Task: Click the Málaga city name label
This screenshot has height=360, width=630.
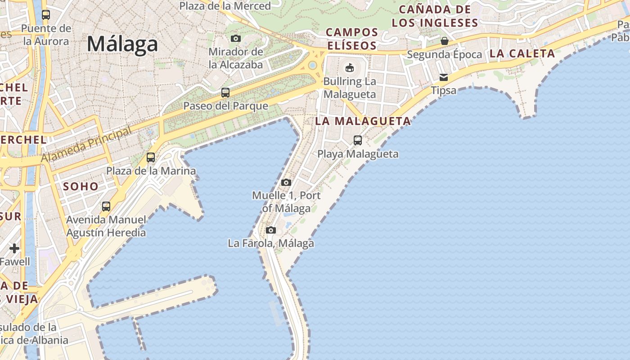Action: pyautogui.click(x=122, y=44)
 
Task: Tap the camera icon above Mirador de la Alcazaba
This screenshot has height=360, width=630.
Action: pyautogui.click(x=236, y=39)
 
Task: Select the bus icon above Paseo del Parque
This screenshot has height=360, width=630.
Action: pyautogui.click(x=225, y=93)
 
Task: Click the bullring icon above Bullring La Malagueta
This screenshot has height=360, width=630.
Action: pyautogui.click(x=349, y=68)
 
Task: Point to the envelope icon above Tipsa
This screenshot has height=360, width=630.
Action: pyautogui.click(x=444, y=77)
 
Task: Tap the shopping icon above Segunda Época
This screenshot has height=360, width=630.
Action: pyautogui.click(x=445, y=41)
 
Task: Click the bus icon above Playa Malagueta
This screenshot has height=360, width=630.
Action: pyautogui.click(x=358, y=140)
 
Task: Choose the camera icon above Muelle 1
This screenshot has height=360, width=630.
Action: pyautogui.click(x=286, y=182)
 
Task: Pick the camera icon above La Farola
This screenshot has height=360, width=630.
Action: pyautogui.click(x=271, y=230)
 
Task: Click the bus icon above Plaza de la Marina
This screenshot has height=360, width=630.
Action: pyautogui.click(x=151, y=157)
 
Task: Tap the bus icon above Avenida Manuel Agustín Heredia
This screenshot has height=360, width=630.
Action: pyautogui.click(x=106, y=207)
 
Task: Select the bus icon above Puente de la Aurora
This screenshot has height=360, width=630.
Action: pyautogui.click(x=46, y=15)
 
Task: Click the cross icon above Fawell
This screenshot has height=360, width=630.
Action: pyautogui.click(x=14, y=248)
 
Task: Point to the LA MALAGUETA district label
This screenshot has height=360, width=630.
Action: pyautogui.click(x=363, y=121)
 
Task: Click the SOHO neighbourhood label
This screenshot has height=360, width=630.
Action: pyautogui.click(x=81, y=186)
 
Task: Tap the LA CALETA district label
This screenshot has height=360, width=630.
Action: pyautogui.click(x=522, y=54)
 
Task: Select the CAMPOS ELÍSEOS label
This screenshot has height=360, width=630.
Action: pyautogui.click(x=352, y=39)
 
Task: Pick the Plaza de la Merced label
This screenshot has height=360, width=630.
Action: pyautogui.click(x=225, y=6)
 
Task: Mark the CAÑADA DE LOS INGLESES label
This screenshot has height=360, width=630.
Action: pyautogui.click(x=435, y=16)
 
